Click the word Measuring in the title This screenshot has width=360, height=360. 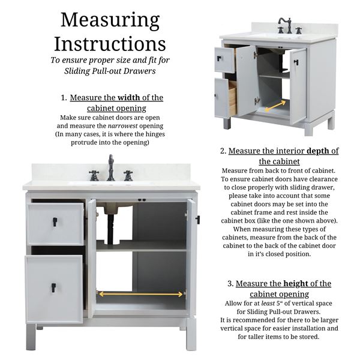(x=110, y=21)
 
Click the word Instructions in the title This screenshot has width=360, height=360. (x=110, y=44)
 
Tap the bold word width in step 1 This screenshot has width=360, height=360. (x=128, y=98)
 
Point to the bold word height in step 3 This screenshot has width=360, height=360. (x=296, y=284)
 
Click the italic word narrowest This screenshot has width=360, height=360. (x=122, y=126)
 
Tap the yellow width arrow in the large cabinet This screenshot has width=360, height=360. (x=140, y=294)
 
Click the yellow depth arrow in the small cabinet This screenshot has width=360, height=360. (x=275, y=107)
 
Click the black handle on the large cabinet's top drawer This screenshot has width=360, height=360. (x=55, y=222)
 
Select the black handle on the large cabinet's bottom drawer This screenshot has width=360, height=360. (x=53, y=287)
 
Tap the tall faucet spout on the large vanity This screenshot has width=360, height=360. (x=111, y=167)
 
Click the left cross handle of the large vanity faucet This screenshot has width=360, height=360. (x=94, y=176)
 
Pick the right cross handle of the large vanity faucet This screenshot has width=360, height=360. (x=128, y=176)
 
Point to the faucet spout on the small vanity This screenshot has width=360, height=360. (x=284, y=25)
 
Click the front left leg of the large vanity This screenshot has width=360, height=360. (x=31, y=337)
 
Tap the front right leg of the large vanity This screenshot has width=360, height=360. (x=191, y=334)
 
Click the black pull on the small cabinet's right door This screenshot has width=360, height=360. (x=296, y=62)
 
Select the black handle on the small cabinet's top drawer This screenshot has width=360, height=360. (x=219, y=58)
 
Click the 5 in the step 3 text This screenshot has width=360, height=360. (x=278, y=304)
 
